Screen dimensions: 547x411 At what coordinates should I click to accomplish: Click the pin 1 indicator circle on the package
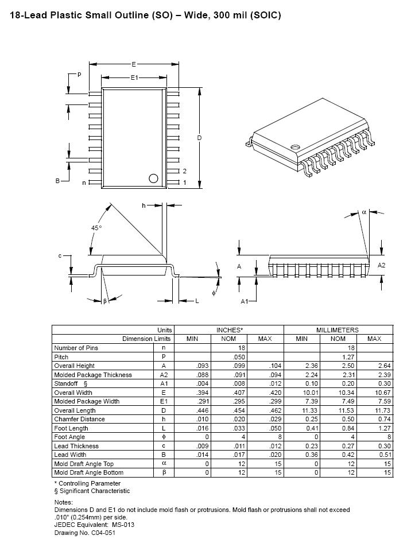pyautogui.click(x=153, y=178)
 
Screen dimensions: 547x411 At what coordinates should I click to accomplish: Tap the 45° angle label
pyautogui.click(x=96, y=228)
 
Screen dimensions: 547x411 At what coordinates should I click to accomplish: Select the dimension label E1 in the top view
pyautogui.click(x=134, y=77)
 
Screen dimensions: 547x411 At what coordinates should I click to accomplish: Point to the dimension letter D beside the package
pyautogui.click(x=199, y=138)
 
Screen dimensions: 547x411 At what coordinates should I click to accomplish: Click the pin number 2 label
pyautogui.click(x=185, y=171)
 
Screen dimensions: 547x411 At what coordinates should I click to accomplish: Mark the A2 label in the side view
pyautogui.click(x=382, y=265)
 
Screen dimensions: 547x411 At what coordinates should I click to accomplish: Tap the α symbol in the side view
pyautogui.click(x=364, y=212)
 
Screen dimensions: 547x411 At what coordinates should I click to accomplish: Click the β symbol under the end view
pyautogui.click(x=105, y=301)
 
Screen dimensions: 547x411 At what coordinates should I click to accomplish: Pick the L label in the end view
pyautogui.click(x=196, y=301)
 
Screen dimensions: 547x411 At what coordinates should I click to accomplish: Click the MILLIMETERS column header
pyautogui.click(x=338, y=330)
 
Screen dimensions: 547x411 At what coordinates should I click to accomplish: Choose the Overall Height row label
pyautogui.click(x=74, y=366)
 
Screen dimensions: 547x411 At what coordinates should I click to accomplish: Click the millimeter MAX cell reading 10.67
pyautogui.click(x=374, y=393)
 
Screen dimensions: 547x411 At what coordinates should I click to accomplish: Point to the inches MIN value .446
pyautogui.click(x=192, y=410)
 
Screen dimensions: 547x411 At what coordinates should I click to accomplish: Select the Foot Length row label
pyautogui.click(x=71, y=428)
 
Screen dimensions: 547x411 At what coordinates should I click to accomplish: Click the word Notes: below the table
pyautogui.click(x=64, y=502)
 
